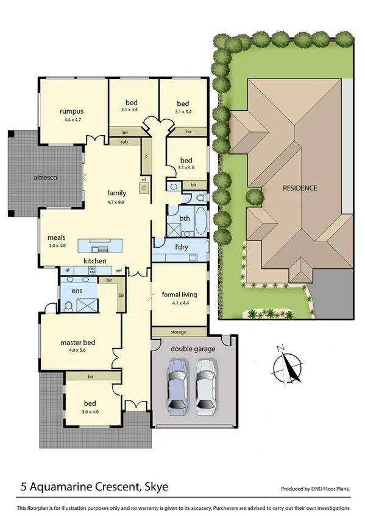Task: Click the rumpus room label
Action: [71, 111]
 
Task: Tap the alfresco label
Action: [45, 177]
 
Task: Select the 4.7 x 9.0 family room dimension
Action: [116, 201]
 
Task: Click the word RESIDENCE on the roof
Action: [300, 188]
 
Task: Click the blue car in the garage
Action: [177, 385]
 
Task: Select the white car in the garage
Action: [205, 385]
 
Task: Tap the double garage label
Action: [193, 349]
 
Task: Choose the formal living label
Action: [180, 295]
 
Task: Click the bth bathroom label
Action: [184, 217]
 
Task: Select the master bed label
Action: [75, 343]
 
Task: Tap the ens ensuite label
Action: [77, 291]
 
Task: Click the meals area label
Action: [57, 238]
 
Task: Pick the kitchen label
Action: [95, 261]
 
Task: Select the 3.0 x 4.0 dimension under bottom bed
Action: [90, 411]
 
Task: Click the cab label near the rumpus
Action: [124, 142]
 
